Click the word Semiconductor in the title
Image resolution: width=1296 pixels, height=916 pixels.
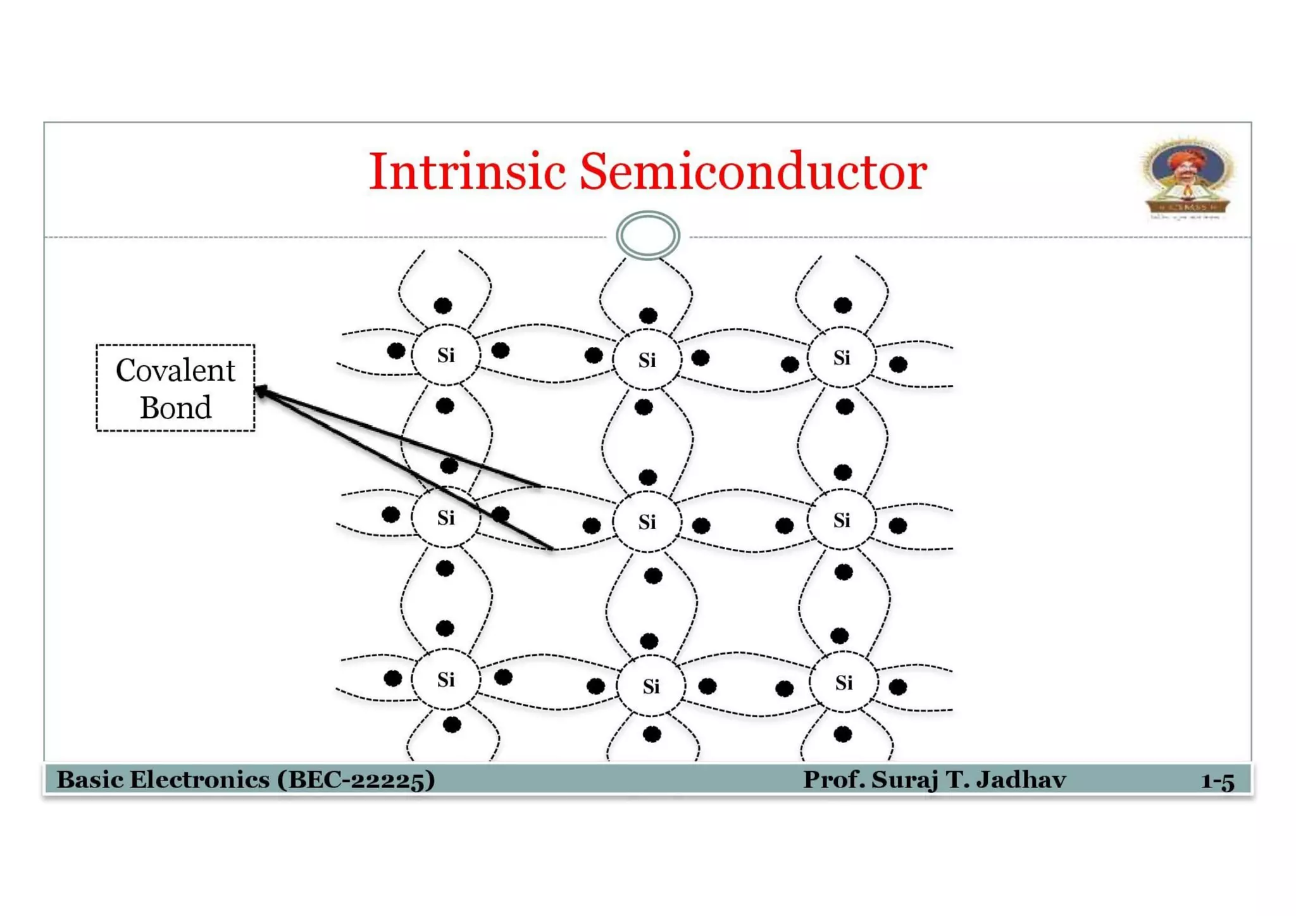pyautogui.click(x=752, y=172)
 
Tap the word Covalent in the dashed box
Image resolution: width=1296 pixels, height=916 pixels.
pyautogui.click(x=175, y=370)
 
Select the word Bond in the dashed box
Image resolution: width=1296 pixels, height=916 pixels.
pyautogui.click(x=175, y=408)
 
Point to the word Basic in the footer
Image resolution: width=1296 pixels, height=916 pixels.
pyautogui.click(x=90, y=779)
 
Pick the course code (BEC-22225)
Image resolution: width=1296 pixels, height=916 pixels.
pyautogui.click(x=356, y=779)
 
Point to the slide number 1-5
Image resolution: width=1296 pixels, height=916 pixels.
pyautogui.click(x=1217, y=781)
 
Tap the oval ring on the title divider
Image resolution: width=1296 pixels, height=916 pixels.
pyautogui.click(x=647, y=235)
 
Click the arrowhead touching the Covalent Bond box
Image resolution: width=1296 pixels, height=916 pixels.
pyautogui.click(x=261, y=392)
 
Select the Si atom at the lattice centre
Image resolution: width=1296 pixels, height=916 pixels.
pyautogui.click(x=647, y=522)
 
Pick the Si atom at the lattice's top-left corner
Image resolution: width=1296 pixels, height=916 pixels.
pyautogui.click(x=445, y=355)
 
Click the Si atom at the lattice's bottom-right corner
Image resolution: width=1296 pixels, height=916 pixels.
pyautogui.click(x=843, y=682)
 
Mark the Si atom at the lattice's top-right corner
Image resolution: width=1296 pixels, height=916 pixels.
pyautogui.click(x=841, y=358)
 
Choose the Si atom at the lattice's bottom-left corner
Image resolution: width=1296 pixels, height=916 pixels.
pyautogui.click(x=445, y=680)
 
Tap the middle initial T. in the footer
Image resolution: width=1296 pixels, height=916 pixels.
pyautogui.click(x=956, y=779)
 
